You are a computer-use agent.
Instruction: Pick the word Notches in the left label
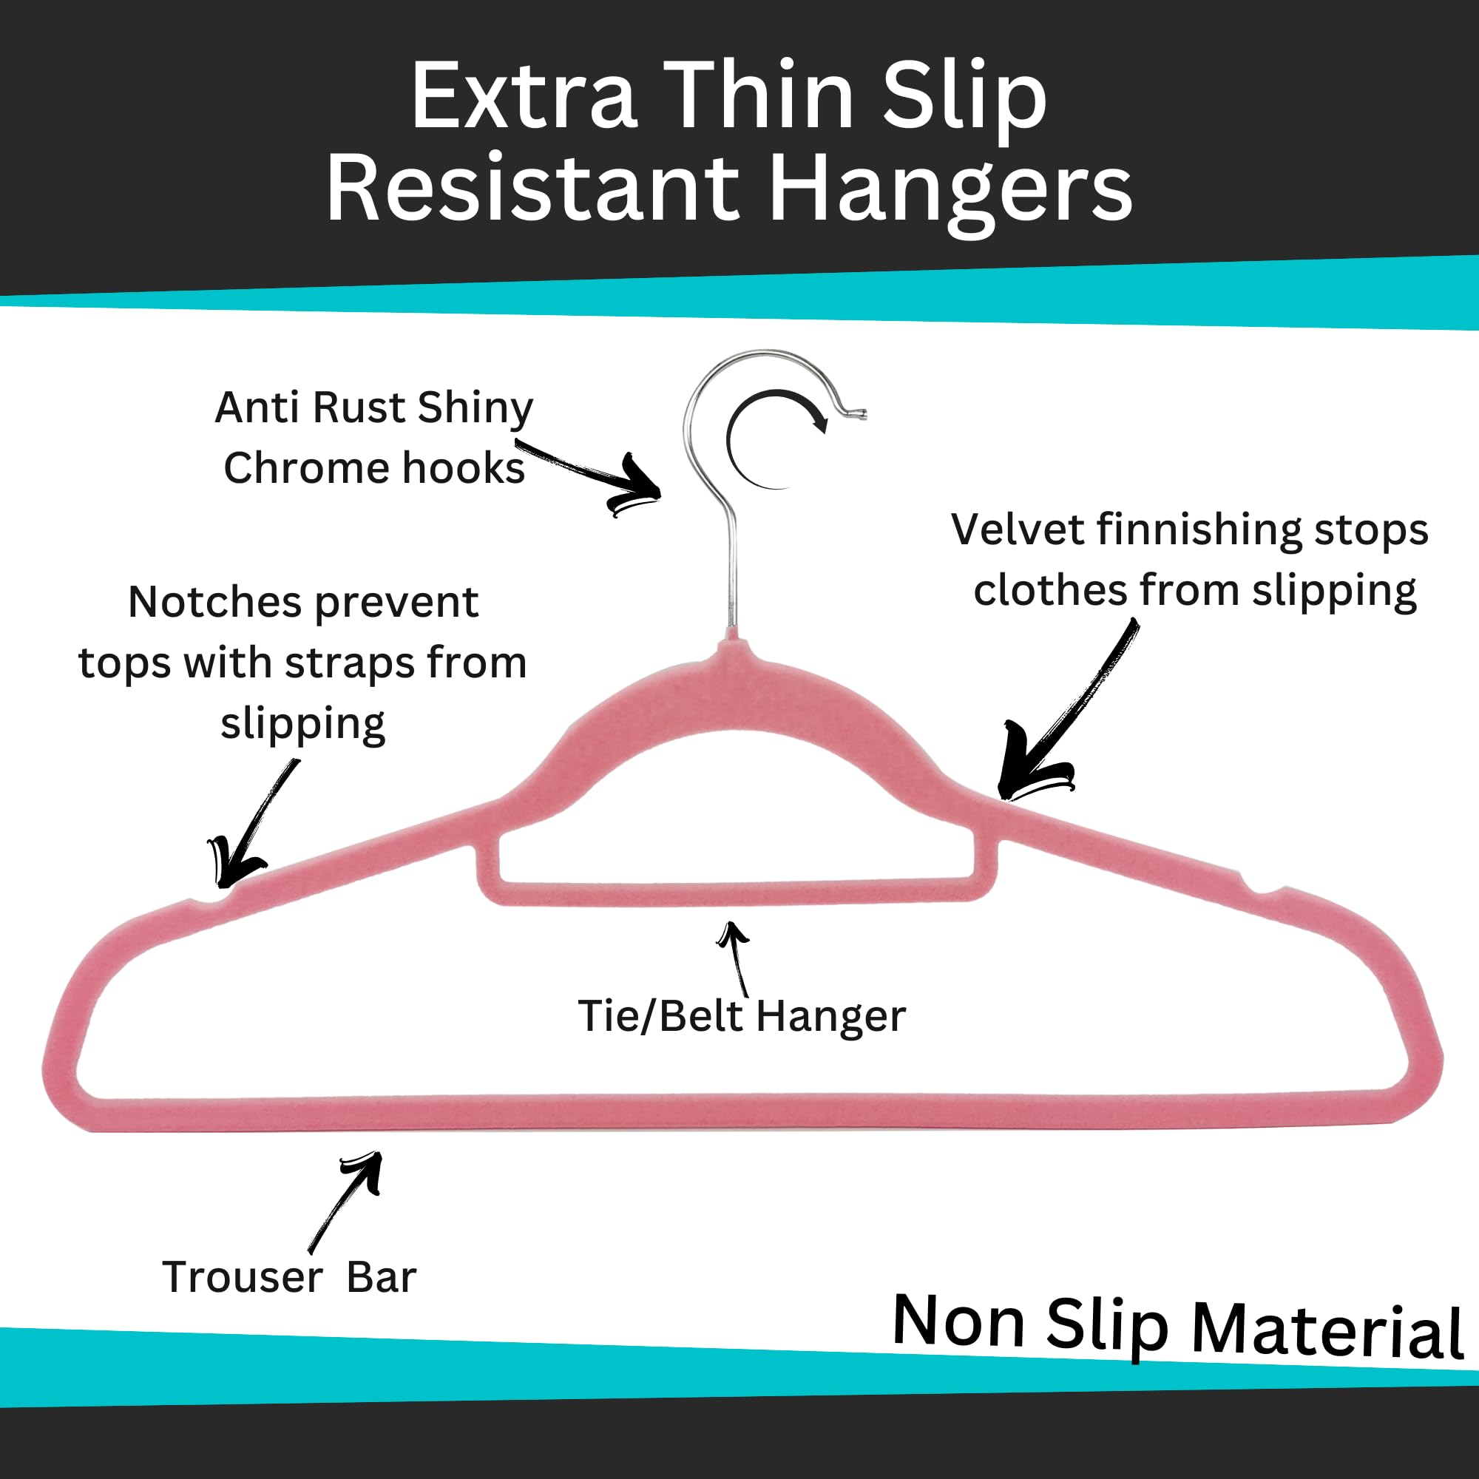coord(216,602)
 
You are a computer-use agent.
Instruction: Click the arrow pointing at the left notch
coord(253,823)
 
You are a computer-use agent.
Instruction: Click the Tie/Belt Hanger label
coord(741,1016)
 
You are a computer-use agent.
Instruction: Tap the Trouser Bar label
coord(288,1277)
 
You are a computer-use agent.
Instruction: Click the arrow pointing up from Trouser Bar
coord(345,1202)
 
